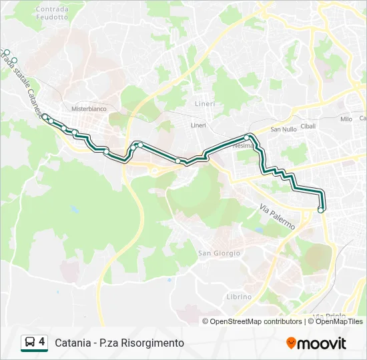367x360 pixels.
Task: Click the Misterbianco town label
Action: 89,109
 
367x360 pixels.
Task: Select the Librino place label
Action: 239,297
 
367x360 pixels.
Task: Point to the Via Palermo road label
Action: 277,217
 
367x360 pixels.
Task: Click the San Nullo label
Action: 284,129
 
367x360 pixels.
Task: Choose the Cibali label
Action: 308,126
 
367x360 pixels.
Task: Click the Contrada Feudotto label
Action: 52,13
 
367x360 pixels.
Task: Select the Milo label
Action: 346,119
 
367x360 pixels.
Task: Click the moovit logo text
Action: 322,343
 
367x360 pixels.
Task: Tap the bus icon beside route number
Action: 30,343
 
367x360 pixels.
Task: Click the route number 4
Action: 42,343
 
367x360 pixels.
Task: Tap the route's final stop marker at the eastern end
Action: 321,210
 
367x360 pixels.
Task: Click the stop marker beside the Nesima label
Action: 247,137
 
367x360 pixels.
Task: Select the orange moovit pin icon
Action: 291,343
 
